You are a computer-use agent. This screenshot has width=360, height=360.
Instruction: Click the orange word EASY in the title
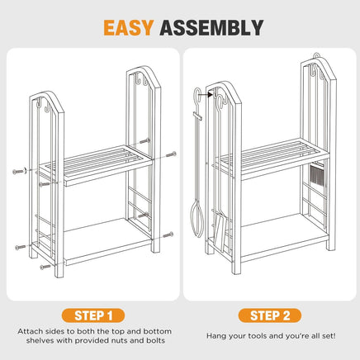128,27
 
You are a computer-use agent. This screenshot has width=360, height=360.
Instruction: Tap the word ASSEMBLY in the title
211,27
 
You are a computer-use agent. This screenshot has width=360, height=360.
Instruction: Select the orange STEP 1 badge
93,315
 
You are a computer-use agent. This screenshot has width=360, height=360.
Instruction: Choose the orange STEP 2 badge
270,315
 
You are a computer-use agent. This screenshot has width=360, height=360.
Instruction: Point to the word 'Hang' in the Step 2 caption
216,336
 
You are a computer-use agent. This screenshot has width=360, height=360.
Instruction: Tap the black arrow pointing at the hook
206,95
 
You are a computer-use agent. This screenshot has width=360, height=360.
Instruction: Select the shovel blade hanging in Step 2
220,230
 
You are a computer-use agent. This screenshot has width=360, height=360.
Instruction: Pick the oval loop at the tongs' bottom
197,220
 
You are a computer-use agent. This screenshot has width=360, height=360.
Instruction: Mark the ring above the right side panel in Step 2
317,55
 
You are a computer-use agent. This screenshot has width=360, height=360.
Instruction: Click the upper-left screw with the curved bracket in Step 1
20,172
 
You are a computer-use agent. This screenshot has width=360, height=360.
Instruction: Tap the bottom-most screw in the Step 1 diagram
45,267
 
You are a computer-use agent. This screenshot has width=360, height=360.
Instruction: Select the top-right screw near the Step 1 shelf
171,154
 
